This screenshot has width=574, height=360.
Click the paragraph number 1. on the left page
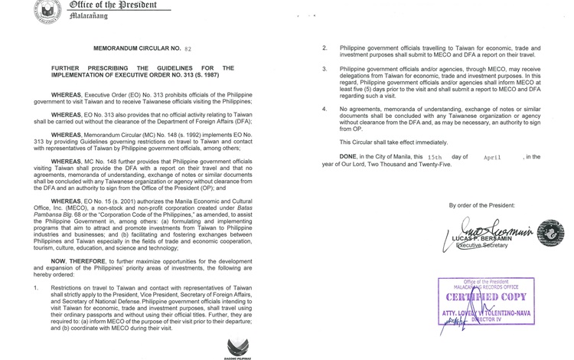click(36, 288)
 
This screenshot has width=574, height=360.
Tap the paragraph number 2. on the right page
click(325, 47)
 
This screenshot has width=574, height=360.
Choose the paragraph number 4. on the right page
click(325, 109)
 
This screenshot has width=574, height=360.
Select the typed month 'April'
click(494, 156)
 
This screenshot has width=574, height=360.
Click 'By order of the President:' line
click(482, 205)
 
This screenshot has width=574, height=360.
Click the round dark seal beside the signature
click(550, 232)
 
